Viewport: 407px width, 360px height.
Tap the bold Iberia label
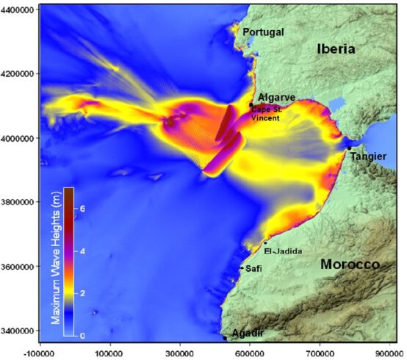tap(336, 49)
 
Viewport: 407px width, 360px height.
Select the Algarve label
tap(277, 98)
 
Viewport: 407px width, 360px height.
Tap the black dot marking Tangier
tap(350, 148)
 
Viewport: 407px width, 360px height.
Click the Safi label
tap(253, 268)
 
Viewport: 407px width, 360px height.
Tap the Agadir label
tap(248, 334)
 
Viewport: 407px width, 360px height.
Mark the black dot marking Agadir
tap(225, 338)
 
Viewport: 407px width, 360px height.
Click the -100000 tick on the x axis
tap(40, 352)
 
